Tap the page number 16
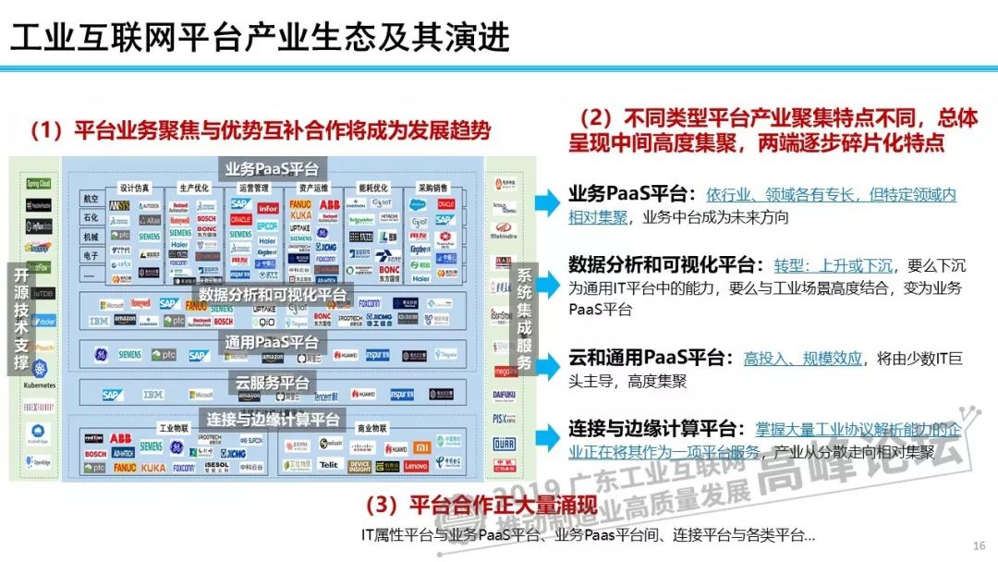coord(979,544)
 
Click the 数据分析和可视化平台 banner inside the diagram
coord(274,295)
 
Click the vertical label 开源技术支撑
coord(20,319)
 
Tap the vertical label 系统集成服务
coord(524,319)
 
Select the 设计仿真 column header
coord(134,187)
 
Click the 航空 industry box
coord(91,199)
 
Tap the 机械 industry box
coord(91,237)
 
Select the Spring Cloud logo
coord(38,184)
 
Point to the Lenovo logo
coord(416,468)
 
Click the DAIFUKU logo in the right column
coord(505,392)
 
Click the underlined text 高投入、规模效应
coord(802,359)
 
